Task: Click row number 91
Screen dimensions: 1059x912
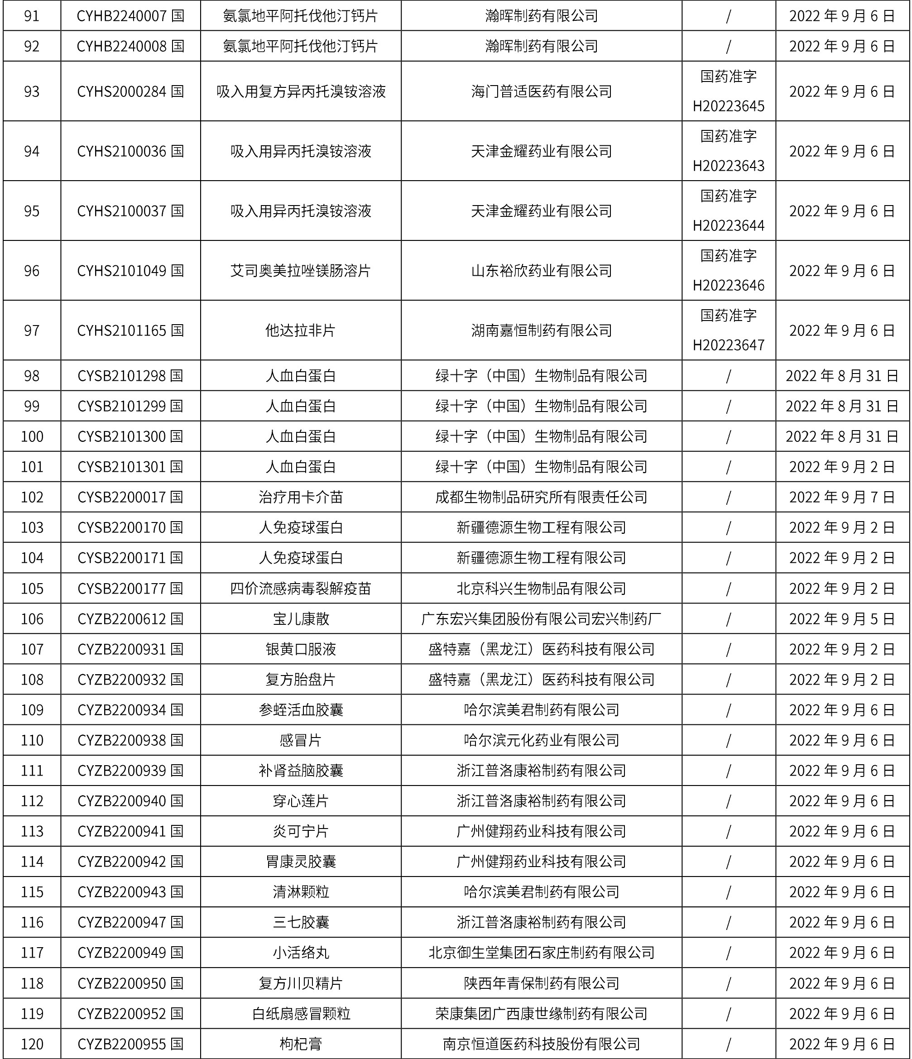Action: point(32,16)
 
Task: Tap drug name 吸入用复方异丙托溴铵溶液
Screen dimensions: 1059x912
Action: point(301,91)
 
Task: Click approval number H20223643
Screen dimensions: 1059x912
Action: point(729,166)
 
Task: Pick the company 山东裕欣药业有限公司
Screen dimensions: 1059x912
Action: point(542,270)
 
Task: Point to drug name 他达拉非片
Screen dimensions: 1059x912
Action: point(301,330)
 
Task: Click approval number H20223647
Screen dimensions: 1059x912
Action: point(729,345)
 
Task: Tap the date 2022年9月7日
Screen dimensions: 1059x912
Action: point(842,497)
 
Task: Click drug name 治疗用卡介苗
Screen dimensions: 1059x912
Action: point(301,497)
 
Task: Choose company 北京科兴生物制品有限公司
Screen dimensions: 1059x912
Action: point(542,588)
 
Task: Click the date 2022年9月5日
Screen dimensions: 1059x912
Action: point(842,619)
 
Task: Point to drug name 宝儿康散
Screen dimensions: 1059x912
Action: point(301,619)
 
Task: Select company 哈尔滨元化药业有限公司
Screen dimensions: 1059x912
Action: point(542,740)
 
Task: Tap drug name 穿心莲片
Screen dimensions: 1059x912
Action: point(301,801)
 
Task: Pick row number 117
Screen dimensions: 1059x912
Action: point(32,953)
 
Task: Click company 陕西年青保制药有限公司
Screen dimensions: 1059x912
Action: point(542,983)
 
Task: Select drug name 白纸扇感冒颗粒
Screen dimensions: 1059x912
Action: point(301,1014)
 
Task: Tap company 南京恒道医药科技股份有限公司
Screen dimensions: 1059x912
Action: point(542,1044)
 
